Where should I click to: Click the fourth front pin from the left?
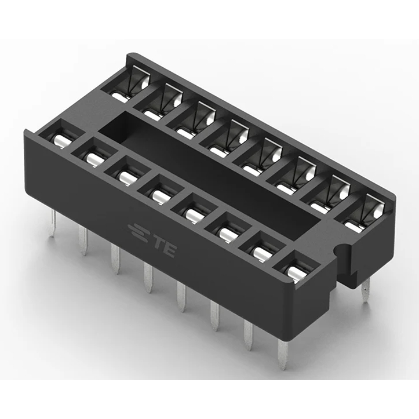click(148, 278)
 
